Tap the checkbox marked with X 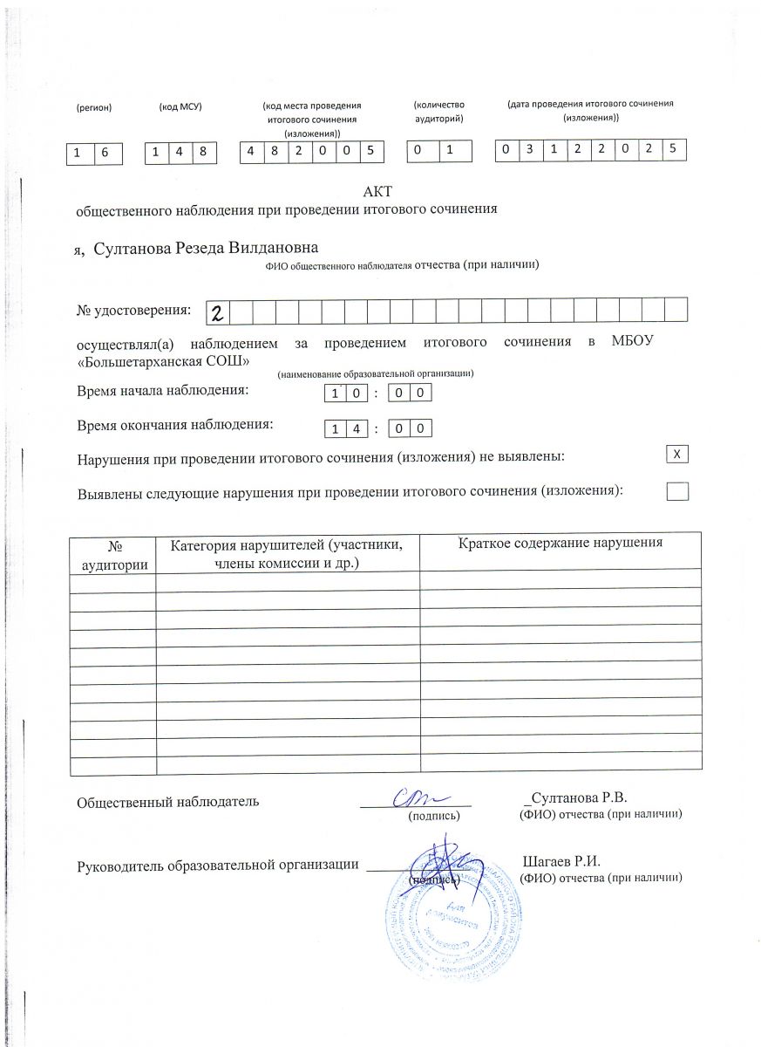pyautogui.click(x=677, y=454)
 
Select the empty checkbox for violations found pyautogui.click(x=677, y=491)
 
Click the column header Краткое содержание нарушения pyautogui.click(x=561, y=543)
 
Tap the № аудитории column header pyautogui.click(x=113, y=553)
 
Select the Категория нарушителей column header pyautogui.click(x=287, y=553)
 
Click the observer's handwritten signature pyautogui.click(x=418, y=797)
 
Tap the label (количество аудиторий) pyautogui.click(x=438, y=110)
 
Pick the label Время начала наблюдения pyautogui.click(x=163, y=390)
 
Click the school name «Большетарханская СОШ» pyautogui.click(x=166, y=360)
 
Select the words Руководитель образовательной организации pyautogui.click(x=218, y=865)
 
